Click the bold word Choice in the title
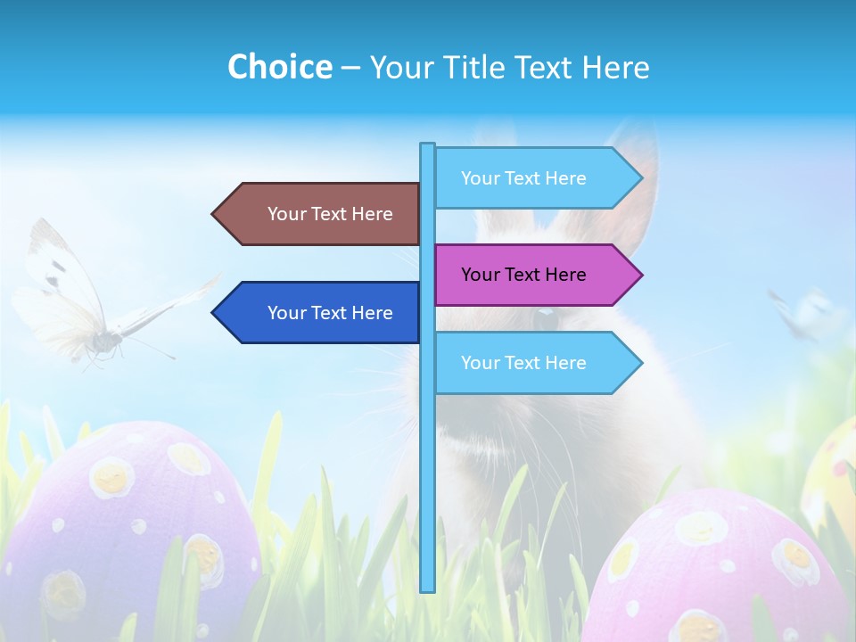click(279, 67)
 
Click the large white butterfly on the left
click(80, 303)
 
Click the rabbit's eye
click(543, 316)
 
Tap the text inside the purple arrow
click(523, 275)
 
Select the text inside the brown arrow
click(330, 214)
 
